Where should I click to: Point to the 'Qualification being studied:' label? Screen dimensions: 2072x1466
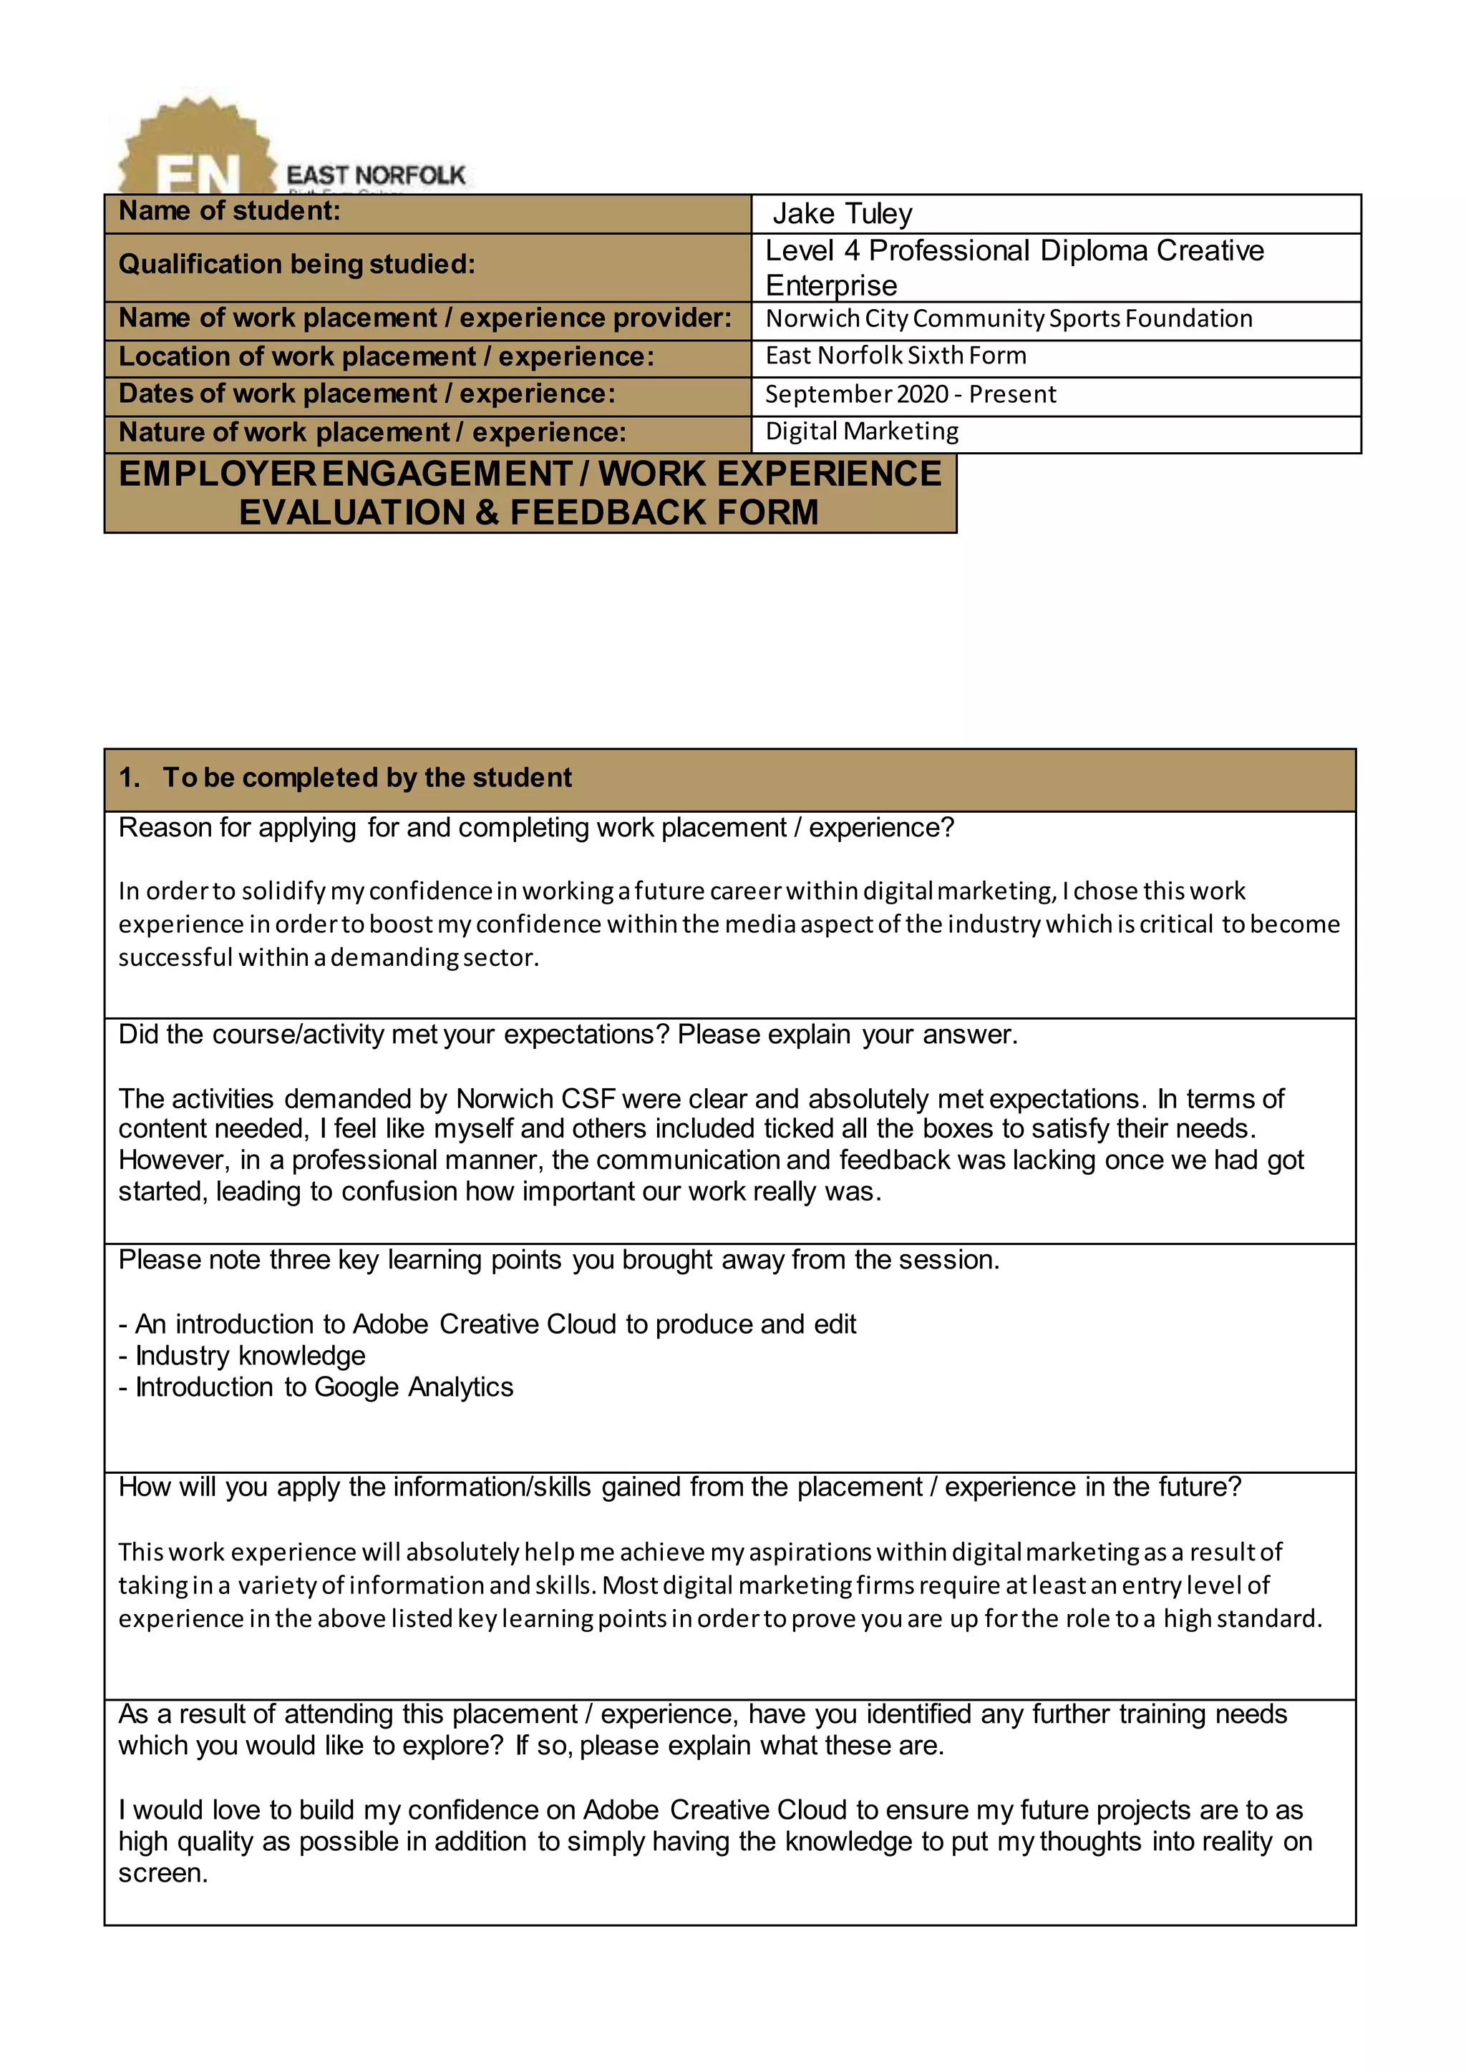(296, 265)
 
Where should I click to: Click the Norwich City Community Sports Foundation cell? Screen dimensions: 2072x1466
(1009, 318)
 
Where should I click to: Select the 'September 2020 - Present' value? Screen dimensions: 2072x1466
(910, 394)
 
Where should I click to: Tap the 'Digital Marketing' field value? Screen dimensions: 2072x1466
(861, 431)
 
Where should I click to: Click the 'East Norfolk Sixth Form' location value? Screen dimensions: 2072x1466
(895, 356)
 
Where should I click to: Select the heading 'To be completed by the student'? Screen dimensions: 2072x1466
(366, 778)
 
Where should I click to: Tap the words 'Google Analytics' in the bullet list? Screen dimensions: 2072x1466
(414, 1387)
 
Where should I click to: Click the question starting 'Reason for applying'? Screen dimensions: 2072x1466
(535, 828)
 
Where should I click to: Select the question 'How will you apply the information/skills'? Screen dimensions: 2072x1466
(679, 1487)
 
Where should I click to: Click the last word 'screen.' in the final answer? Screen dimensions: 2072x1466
(163, 1874)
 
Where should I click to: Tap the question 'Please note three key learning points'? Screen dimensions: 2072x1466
(559, 1260)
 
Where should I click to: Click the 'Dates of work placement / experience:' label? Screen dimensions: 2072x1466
(366, 394)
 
